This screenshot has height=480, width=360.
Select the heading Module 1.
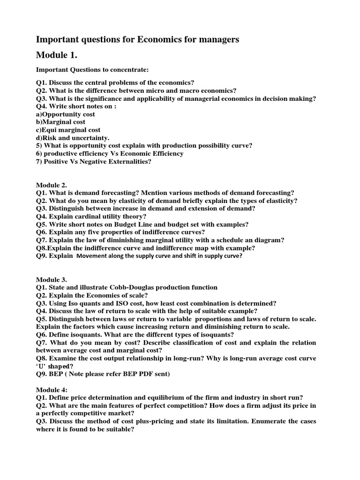pyautogui.click(x=57, y=56)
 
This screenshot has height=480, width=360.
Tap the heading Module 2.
pyautogui.click(x=52, y=185)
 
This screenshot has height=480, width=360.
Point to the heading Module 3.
pyautogui.click(x=52, y=280)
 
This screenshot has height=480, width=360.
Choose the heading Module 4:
pyautogui.click(x=52, y=389)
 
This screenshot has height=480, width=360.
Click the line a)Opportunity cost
pyautogui.click(x=66, y=114)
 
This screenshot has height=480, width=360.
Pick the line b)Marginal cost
pyautogui.click(x=60, y=122)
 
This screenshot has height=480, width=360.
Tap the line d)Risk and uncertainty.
pyautogui.click(x=73, y=138)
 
